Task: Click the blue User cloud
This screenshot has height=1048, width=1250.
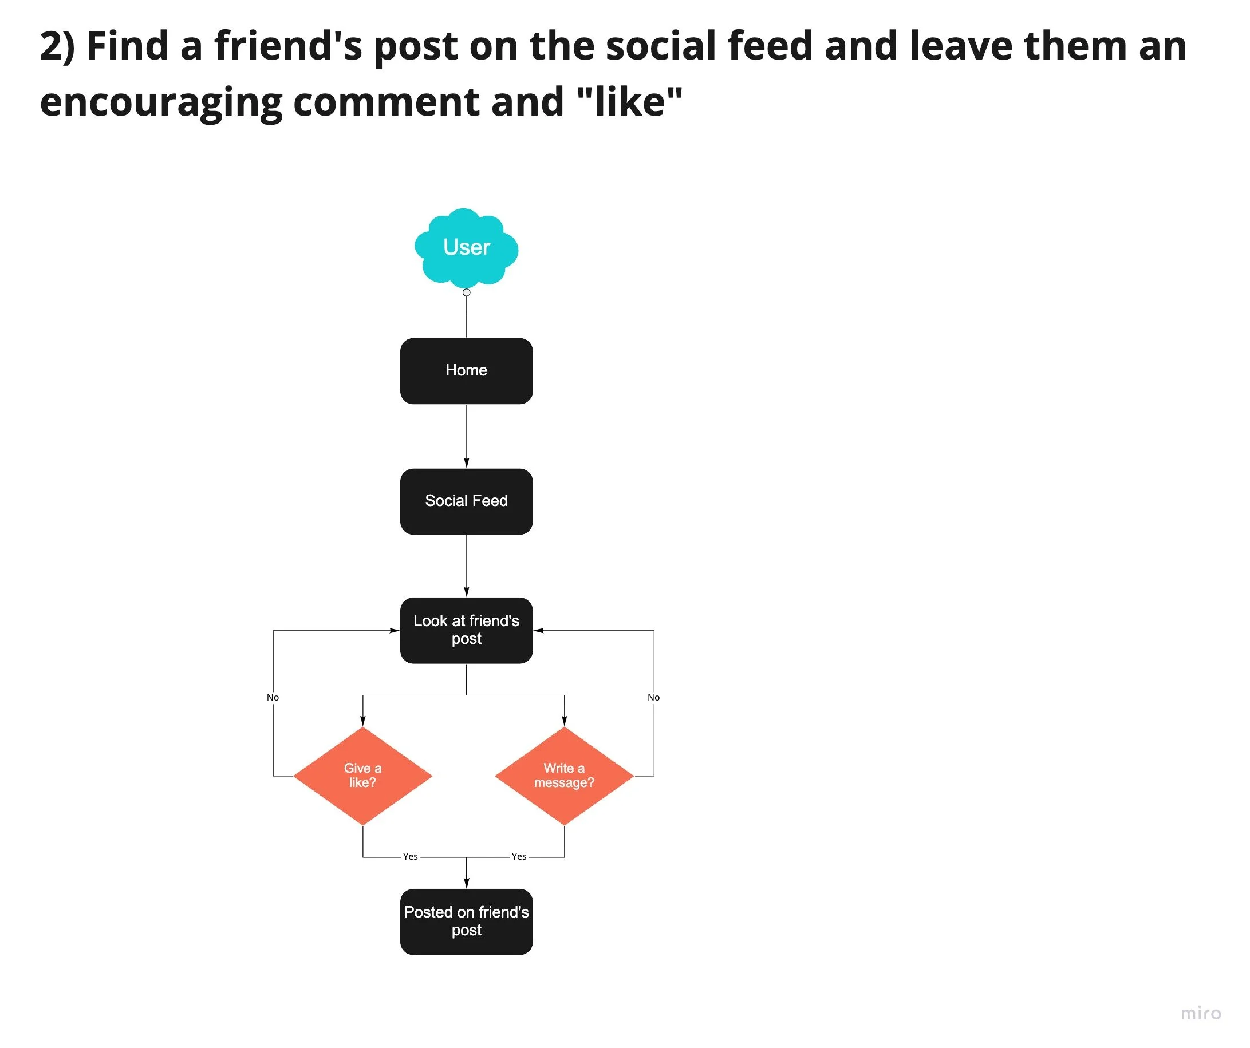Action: point(466,247)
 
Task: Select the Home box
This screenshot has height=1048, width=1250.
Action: point(466,371)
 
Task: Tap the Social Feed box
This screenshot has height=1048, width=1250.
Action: point(466,501)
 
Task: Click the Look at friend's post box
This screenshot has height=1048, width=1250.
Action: point(466,630)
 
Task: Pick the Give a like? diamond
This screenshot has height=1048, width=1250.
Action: point(362,776)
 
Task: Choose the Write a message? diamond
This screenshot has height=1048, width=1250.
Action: point(563,776)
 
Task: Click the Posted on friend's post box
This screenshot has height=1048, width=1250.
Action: point(466,922)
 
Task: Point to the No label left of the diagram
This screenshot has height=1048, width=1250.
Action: point(273,698)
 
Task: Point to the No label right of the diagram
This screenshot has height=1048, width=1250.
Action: point(653,698)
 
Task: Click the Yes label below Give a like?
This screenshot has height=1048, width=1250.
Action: point(410,856)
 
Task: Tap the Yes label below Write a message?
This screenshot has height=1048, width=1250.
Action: point(519,856)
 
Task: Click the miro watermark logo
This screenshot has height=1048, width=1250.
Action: point(1201,1013)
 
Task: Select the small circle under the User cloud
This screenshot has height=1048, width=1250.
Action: point(466,292)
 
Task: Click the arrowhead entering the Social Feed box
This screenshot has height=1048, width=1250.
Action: point(466,463)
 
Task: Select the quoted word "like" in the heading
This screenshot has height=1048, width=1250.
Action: point(630,101)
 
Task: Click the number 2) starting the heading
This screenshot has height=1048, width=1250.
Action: point(57,46)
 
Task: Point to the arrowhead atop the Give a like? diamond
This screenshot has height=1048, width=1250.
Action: point(362,721)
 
